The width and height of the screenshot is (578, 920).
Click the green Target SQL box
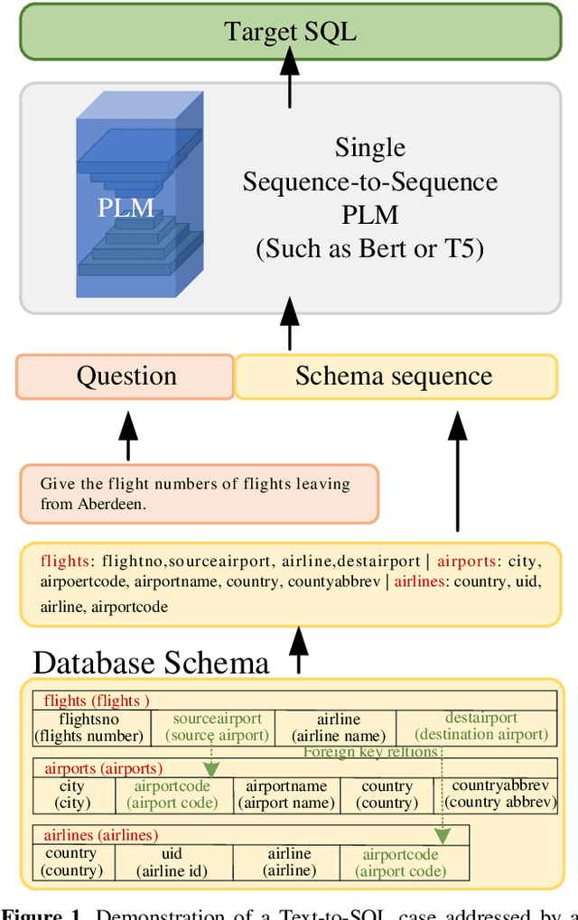(290, 32)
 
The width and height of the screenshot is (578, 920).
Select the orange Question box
(126, 376)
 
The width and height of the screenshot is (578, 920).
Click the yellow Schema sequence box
(395, 376)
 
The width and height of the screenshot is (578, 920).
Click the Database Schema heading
(151, 664)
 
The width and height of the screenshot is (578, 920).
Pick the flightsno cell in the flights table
(89, 727)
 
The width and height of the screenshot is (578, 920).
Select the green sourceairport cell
(217, 727)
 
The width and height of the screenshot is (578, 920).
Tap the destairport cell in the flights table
(480, 727)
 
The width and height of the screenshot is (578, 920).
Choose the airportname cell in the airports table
(286, 795)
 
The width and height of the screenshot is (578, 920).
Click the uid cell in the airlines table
(172, 862)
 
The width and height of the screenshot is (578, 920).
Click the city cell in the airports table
(72, 795)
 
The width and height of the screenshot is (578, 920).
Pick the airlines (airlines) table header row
(250, 835)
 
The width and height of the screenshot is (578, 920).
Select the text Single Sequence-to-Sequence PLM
(369, 181)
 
